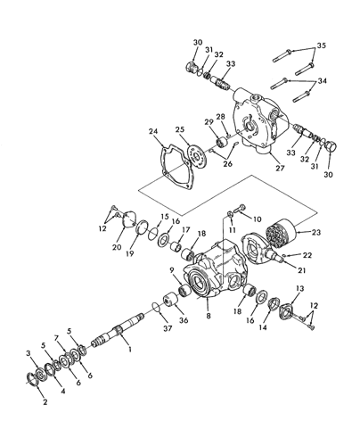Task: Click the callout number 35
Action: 321,45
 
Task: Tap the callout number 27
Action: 280,168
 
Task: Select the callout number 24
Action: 153,131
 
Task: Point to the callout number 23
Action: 316,232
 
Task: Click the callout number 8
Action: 209,316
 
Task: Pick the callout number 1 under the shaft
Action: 130,349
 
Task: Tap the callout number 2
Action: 45,402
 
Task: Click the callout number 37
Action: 168,328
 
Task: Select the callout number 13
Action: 300,288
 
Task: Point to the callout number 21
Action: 301,270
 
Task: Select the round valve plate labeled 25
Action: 197,156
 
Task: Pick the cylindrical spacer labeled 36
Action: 170,299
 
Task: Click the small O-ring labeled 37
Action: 157,307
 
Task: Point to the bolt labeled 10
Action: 239,209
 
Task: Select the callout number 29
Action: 209,121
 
